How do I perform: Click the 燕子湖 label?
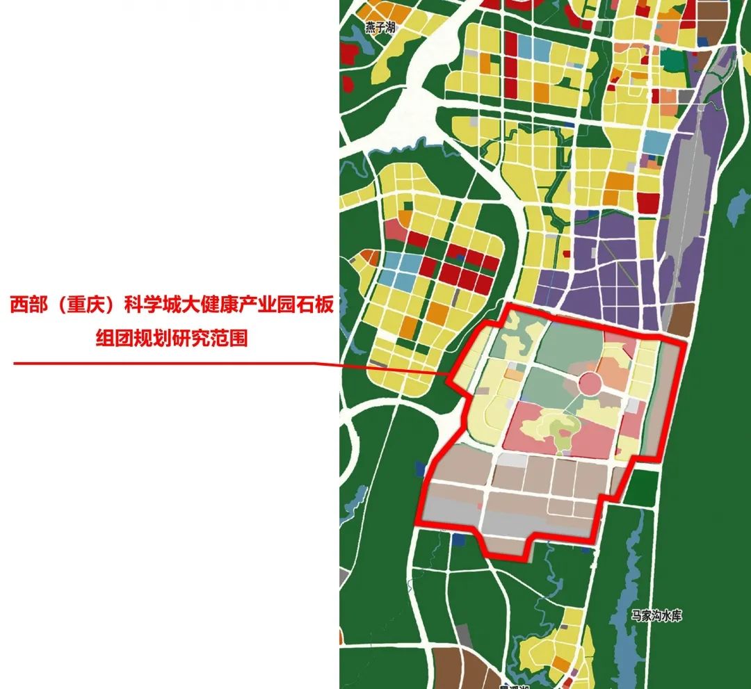tap(380, 29)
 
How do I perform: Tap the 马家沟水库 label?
tap(657, 615)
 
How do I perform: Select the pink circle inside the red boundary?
tap(590, 382)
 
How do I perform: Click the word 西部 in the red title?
tap(27, 306)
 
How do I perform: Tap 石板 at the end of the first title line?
tap(317, 306)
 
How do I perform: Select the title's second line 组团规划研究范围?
tap(172, 339)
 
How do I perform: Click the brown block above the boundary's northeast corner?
tap(679, 320)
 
